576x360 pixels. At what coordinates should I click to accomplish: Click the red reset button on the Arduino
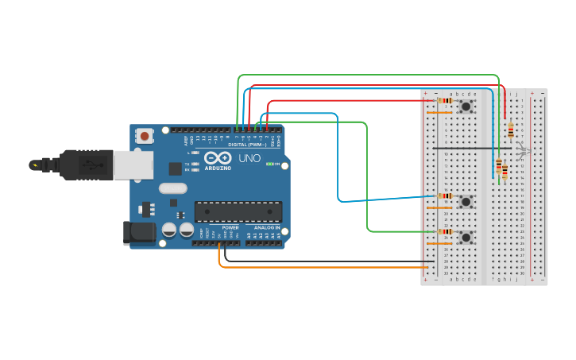tap(145, 136)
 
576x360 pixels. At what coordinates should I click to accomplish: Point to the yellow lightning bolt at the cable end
tap(34, 165)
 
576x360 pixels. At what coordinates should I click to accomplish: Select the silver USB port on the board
tap(127, 165)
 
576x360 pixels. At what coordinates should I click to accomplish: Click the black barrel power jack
tap(137, 232)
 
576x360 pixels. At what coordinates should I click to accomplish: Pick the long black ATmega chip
tap(238, 211)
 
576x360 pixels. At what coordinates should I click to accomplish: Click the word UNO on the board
tap(250, 159)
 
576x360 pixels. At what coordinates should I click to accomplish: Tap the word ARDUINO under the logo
tap(218, 168)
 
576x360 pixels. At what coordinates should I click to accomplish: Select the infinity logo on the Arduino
tap(218, 158)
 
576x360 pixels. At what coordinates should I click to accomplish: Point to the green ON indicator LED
tap(269, 165)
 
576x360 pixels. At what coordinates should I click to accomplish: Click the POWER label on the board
tap(230, 228)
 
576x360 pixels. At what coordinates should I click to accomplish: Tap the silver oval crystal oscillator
tap(172, 188)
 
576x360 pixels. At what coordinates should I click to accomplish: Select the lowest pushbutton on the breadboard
tap(466, 237)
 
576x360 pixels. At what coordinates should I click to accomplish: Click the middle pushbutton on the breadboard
tap(466, 201)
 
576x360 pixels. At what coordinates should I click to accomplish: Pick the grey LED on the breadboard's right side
tap(521, 151)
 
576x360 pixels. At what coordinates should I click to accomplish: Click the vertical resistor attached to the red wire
tap(510, 131)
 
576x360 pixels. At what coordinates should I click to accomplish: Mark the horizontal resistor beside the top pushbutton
tap(445, 101)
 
